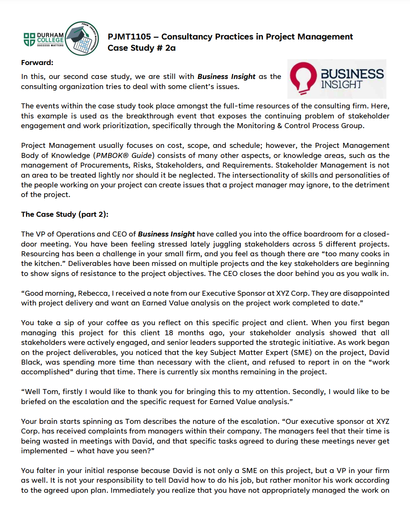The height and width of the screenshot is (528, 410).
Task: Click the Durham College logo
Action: coord(44,39)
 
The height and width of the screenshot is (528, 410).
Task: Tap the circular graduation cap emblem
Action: coord(82,38)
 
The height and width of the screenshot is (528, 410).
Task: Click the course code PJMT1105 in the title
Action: coord(129,37)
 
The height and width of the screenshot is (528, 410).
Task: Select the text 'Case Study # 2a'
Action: coord(142,48)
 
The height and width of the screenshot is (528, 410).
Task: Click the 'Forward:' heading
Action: coord(37,63)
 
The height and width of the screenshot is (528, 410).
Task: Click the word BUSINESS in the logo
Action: coord(352,74)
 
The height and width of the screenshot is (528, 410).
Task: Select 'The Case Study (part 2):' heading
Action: coord(65,214)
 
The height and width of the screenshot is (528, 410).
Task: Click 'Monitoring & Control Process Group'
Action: coord(300,126)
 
